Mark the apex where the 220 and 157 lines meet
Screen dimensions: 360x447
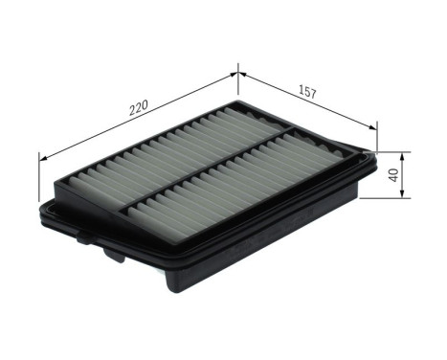[237, 69]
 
